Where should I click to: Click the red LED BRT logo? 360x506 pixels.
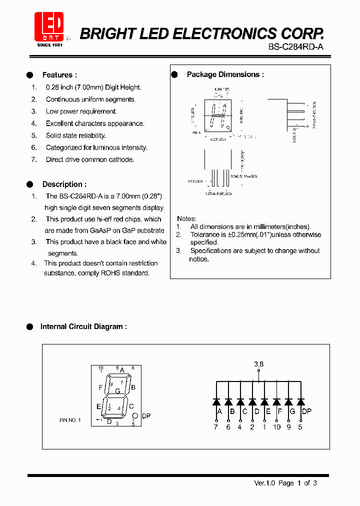[49, 26]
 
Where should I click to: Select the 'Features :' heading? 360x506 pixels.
[59, 75]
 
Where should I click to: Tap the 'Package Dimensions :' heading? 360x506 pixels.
[225, 74]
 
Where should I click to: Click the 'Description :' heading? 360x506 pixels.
[64, 184]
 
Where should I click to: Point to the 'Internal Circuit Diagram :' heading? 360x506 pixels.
[83, 326]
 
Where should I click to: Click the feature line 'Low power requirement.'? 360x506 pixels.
[81, 111]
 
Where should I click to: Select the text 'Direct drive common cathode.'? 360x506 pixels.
[90, 159]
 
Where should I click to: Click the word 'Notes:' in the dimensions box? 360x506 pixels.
[186, 218]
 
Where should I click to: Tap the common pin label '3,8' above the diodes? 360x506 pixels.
[258, 364]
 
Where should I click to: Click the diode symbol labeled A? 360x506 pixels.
[216, 401]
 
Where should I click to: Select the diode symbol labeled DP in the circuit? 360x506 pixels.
[300, 401]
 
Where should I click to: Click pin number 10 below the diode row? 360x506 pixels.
[276, 427]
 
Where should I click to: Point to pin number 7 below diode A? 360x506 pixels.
[216, 427]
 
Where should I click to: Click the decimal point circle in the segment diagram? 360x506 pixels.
[134, 416]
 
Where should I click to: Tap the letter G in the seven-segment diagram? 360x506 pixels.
[117, 391]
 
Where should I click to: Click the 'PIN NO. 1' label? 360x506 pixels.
[69, 420]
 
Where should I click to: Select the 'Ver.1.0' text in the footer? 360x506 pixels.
[265, 483]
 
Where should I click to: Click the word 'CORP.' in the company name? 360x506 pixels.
[302, 33]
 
